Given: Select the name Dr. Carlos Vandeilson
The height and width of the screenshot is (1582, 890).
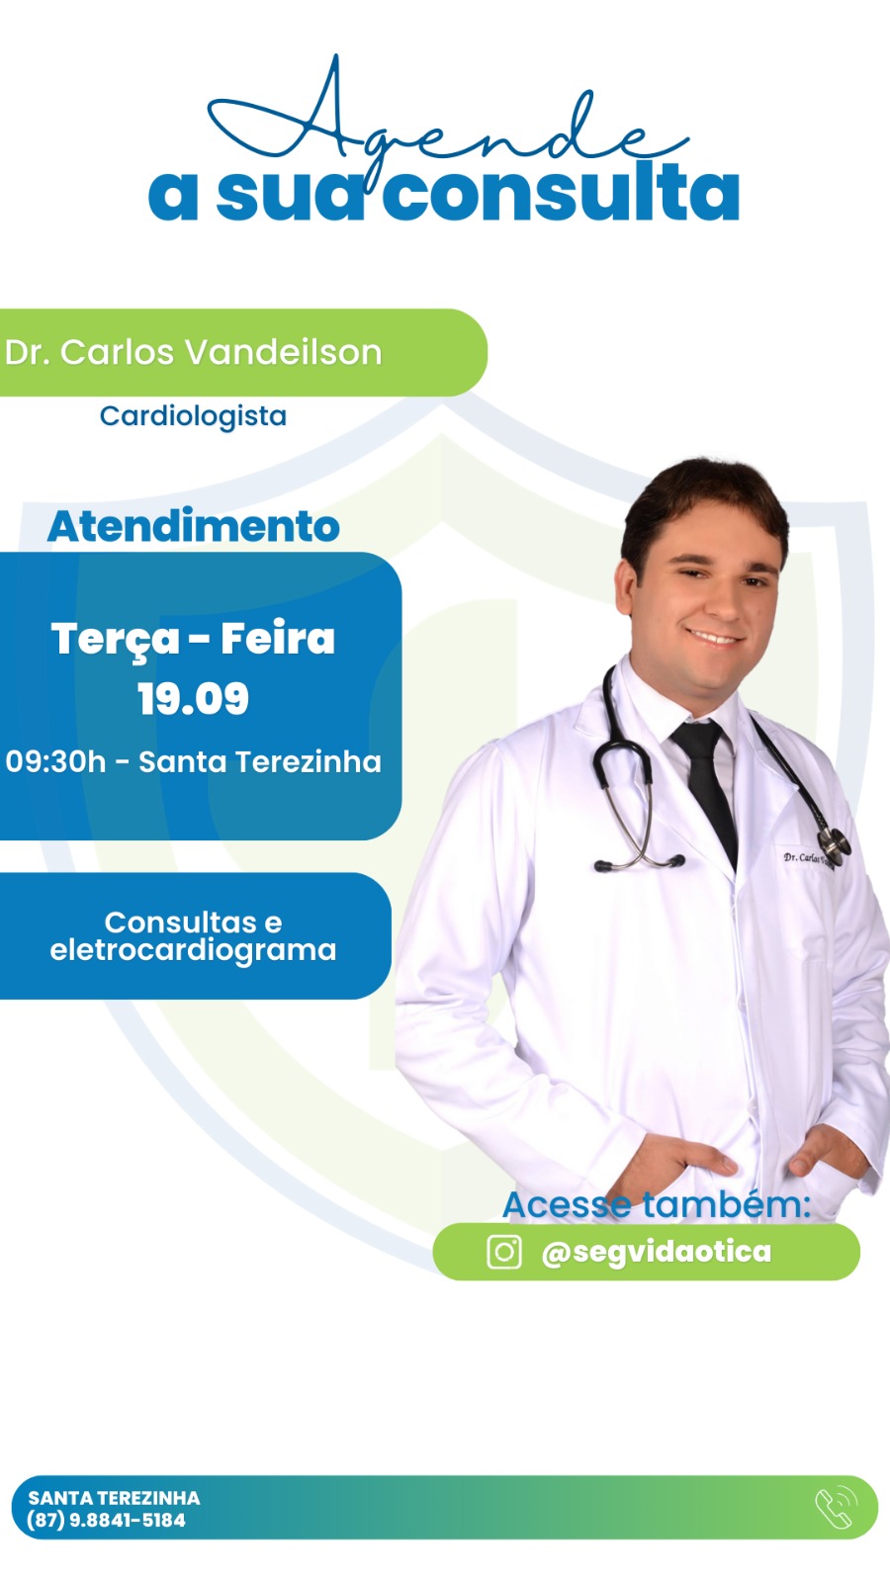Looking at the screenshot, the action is [193, 352].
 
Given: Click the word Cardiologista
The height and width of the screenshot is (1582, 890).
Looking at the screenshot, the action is [193, 416].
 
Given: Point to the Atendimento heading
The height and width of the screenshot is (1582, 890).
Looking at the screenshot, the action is [193, 526].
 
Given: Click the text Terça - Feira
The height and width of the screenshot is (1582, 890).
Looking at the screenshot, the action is [193, 640].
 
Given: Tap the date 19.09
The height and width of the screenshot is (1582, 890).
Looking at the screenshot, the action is [193, 698].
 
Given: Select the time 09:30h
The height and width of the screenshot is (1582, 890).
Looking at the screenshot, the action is [55, 762].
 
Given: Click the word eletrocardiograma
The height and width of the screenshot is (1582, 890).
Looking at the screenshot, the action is [193, 950].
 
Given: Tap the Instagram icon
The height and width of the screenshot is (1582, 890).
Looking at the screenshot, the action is [504, 1252].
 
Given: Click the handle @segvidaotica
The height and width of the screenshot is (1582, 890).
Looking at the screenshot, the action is [657, 1252].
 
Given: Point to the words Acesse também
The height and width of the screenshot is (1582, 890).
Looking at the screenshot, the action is [657, 1205].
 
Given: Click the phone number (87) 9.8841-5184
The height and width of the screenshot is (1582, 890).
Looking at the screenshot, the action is [106, 1521].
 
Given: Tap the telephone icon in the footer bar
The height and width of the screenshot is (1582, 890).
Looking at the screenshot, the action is [837, 1509].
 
